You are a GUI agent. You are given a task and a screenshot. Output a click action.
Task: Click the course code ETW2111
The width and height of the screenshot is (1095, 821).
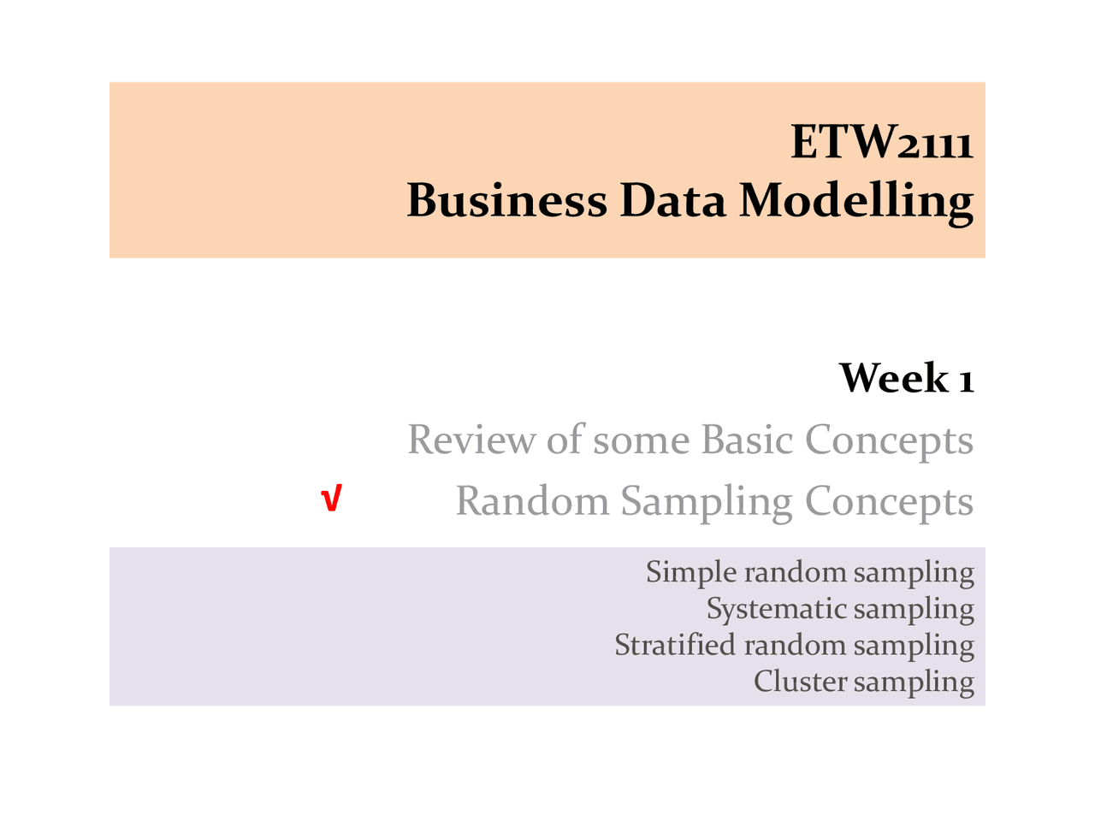coord(881,142)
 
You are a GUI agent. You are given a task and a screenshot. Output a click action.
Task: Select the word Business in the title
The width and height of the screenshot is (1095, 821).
coord(506,200)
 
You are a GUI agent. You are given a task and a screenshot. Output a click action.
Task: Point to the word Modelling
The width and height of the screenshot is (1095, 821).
coord(856,202)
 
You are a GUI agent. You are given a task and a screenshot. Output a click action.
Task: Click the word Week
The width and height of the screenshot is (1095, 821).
coord(893,378)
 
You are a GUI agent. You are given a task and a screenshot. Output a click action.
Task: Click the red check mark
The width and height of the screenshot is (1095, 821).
coord(331,499)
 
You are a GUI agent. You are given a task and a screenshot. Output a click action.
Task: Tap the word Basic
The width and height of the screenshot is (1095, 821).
coord(747,440)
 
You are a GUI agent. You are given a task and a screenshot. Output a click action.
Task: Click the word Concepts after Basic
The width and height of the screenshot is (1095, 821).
coord(889,441)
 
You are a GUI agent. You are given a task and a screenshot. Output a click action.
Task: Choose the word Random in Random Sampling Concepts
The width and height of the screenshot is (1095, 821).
coord(532,501)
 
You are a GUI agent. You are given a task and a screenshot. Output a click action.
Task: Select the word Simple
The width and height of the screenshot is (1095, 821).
coord(691,572)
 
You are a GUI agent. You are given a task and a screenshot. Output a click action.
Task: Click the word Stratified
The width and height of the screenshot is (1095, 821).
coord(674,644)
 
